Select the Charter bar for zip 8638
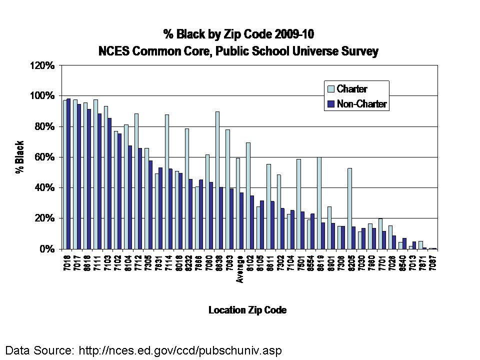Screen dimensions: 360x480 [217, 180]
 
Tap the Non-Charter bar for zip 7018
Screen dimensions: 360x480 [68, 173]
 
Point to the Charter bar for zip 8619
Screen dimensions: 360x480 [319, 203]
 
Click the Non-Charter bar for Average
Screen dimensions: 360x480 [241, 220]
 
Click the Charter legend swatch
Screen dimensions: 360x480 [330, 89]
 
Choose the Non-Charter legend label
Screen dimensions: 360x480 [362, 104]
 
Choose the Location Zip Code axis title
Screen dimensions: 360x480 [247, 310]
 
